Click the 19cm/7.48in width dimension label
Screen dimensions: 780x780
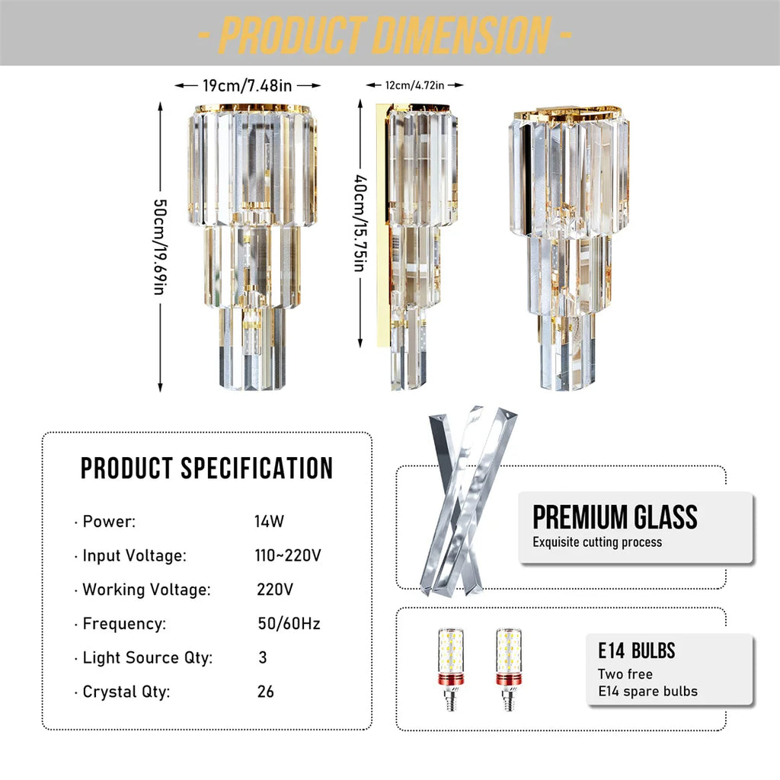click(x=248, y=85)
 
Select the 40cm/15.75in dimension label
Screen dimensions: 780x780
click(x=359, y=227)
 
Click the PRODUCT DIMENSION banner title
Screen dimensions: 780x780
click(x=385, y=34)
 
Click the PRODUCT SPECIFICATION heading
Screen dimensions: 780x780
click(x=207, y=468)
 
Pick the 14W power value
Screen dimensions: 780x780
click(x=269, y=522)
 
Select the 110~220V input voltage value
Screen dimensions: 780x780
click(x=288, y=556)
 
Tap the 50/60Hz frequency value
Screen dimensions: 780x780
click(x=289, y=624)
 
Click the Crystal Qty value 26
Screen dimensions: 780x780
click(x=266, y=692)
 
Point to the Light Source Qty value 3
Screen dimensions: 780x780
click(x=263, y=657)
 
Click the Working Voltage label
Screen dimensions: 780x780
click(x=146, y=590)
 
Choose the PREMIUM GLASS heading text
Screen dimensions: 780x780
click(x=615, y=517)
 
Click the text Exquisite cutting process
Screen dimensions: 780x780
click(x=597, y=542)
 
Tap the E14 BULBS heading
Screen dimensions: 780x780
click(x=636, y=651)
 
